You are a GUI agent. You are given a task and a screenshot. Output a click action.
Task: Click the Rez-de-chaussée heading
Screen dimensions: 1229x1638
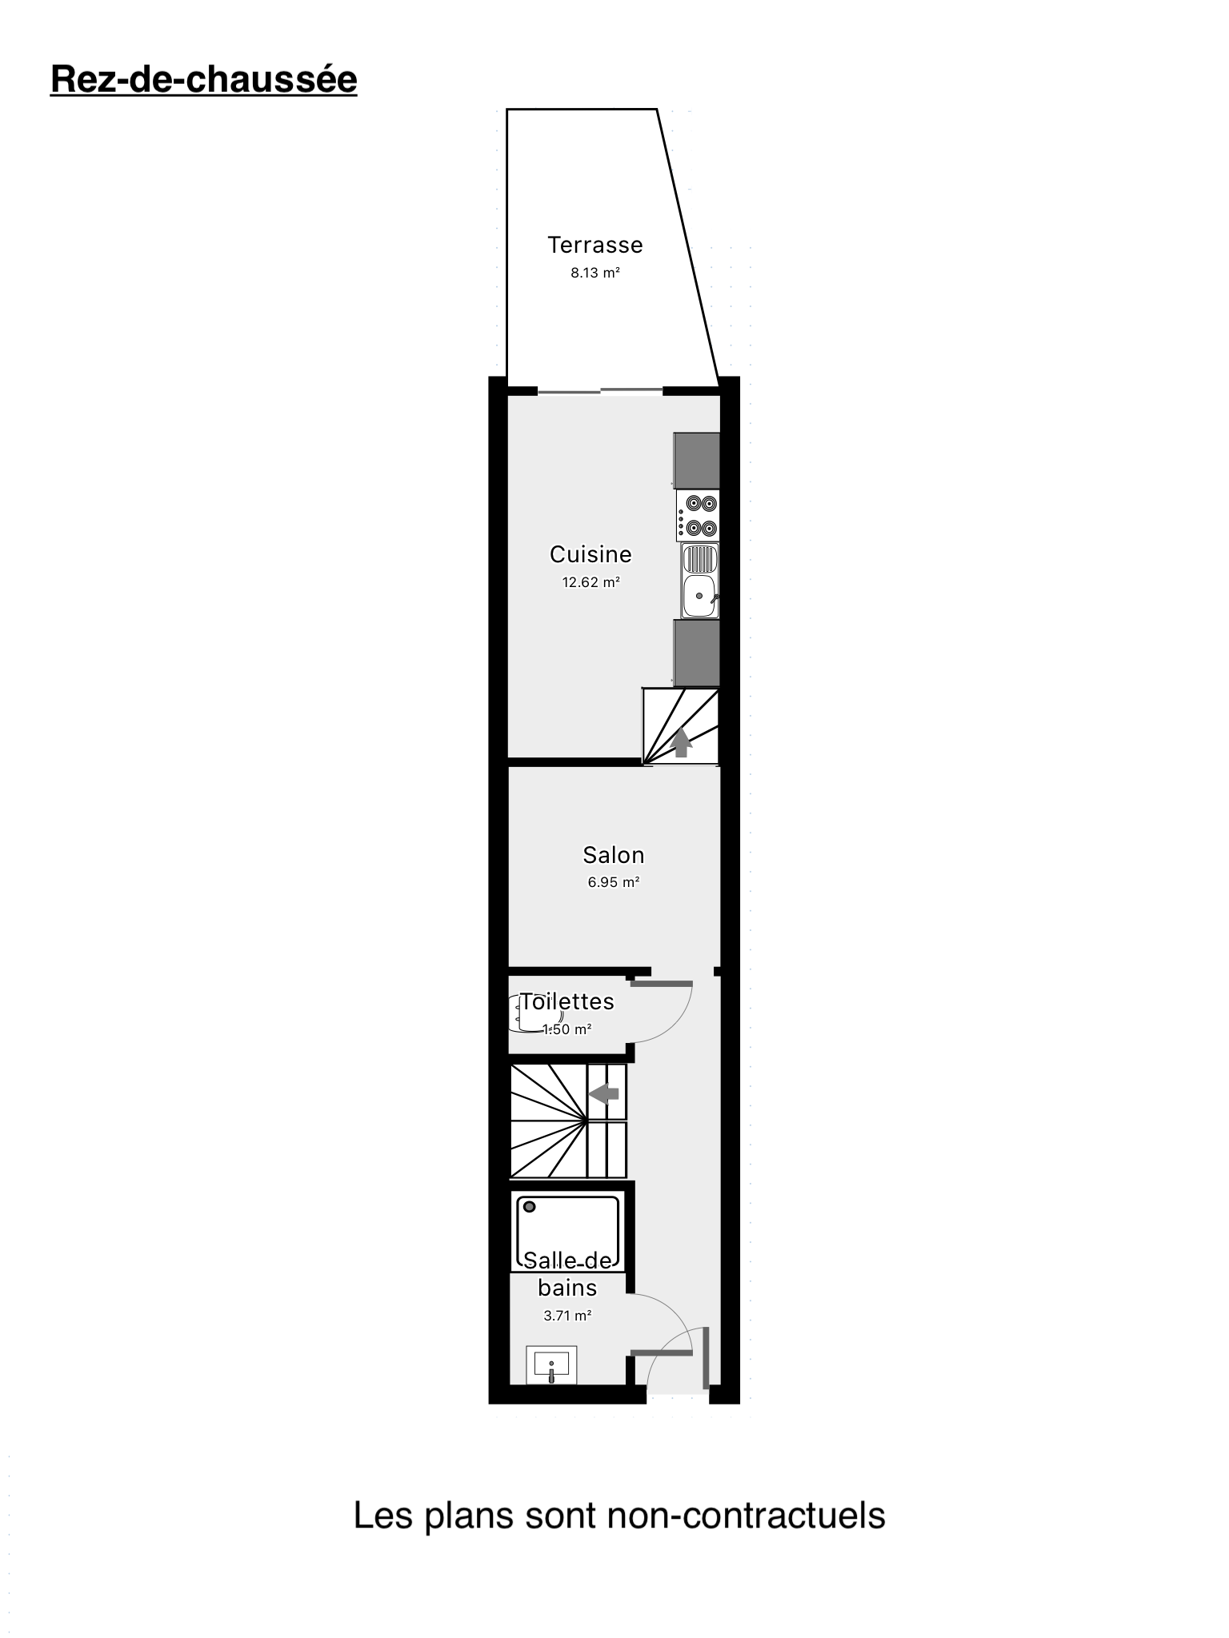pyautogui.click(x=203, y=80)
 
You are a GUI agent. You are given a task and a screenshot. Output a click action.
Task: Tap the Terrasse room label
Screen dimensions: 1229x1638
pyautogui.click(x=595, y=245)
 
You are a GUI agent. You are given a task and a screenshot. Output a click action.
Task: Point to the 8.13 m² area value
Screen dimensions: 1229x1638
pyautogui.click(x=595, y=273)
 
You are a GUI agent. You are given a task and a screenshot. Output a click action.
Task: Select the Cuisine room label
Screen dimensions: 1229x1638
pyautogui.click(x=590, y=554)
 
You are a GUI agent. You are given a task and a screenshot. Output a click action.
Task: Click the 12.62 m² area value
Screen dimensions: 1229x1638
pyautogui.click(x=591, y=582)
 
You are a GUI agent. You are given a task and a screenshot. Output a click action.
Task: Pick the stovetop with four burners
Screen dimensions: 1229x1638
pyautogui.click(x=698, y=516)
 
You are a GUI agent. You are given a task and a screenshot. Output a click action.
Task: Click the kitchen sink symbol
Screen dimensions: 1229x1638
pyautogui.click(x=700, y=581)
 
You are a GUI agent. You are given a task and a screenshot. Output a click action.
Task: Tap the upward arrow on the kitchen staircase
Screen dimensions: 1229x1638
pyautogui.click(x=682, y=743)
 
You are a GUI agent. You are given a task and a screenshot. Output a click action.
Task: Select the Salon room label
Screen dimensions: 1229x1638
pyautogui.click(x=614, y=855)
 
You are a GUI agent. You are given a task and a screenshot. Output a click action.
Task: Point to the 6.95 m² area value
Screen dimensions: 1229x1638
pyautogui.click(x=614, y=883)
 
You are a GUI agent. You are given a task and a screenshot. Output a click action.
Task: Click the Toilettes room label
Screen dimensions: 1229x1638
pyautogui.click(x=567, y=1001)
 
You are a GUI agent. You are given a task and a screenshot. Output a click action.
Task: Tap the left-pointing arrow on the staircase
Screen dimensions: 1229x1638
pyautogui.click(x=604, y=1093)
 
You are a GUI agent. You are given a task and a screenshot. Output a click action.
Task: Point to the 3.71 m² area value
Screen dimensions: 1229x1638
pyautogui.click(x=567, y=1316)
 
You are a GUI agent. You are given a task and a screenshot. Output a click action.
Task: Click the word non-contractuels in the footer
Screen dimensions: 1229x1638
pyautogui.click(x=747, y=1516)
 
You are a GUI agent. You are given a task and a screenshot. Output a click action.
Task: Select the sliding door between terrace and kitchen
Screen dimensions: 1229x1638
pyautogui.click(x=600, y=391)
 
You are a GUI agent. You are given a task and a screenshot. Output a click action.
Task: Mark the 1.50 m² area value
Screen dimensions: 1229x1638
pyautogui.click(x=567, y=1029)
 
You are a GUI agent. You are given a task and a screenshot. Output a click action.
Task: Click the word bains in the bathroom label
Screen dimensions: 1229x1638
pyautogui.click(x=567, y=1288)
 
